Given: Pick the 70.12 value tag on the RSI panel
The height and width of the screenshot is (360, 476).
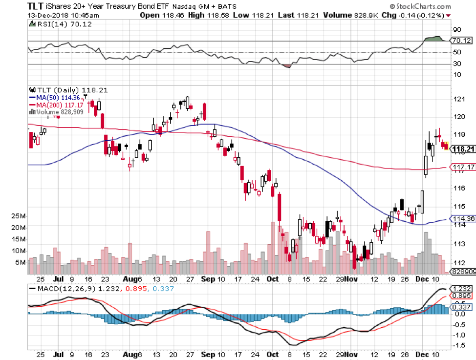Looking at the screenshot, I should [x=462, y=41].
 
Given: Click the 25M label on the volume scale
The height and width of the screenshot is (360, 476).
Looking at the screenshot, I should [x=19, y=216].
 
